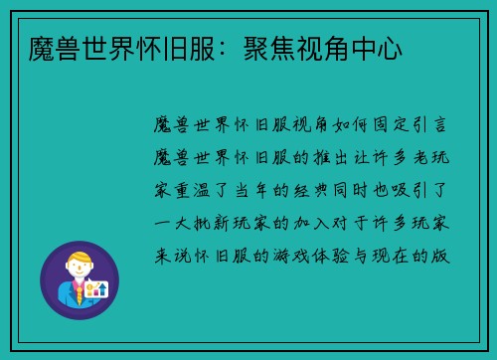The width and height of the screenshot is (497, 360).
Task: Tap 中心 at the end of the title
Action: click(377, 48)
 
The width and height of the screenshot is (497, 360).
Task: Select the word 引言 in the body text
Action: click(431, 125)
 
